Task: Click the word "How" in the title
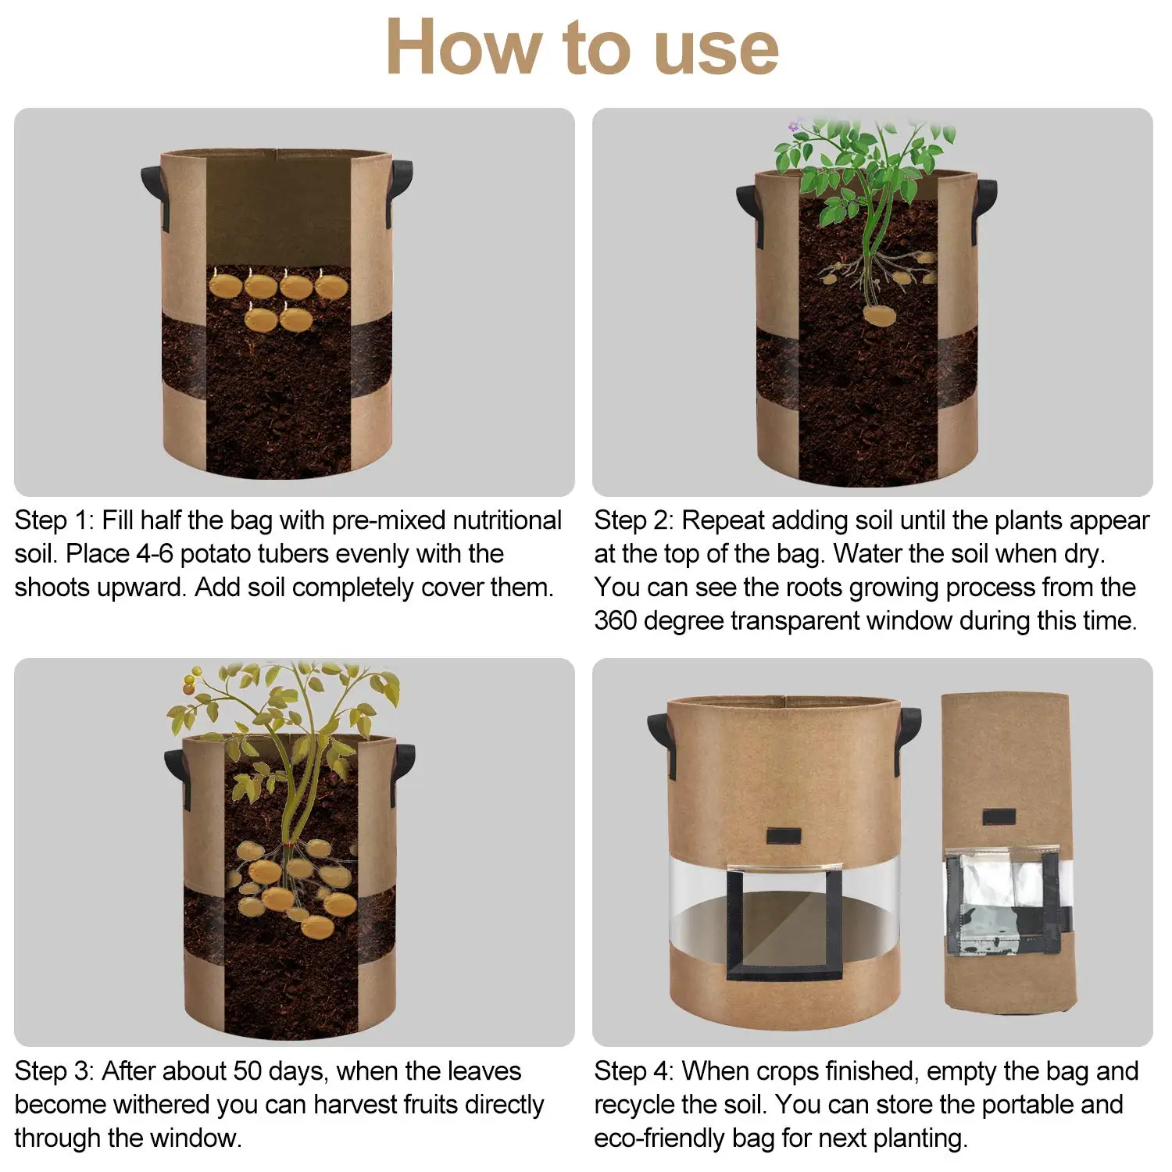pyautogui.click(x=464, y=48)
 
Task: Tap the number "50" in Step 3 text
pyautogui.click(x=249, y=1070)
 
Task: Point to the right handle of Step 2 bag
pyautogui.click(x=986, y=207)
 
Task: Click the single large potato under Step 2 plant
pyautogui.click(x=880, y=315)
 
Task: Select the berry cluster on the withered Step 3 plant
pyautogui.click(x=190, y=682)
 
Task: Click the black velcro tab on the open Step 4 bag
pyautogui.click(x=783, y=836)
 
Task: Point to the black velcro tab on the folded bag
pyautogui.click(x=998, y=817)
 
